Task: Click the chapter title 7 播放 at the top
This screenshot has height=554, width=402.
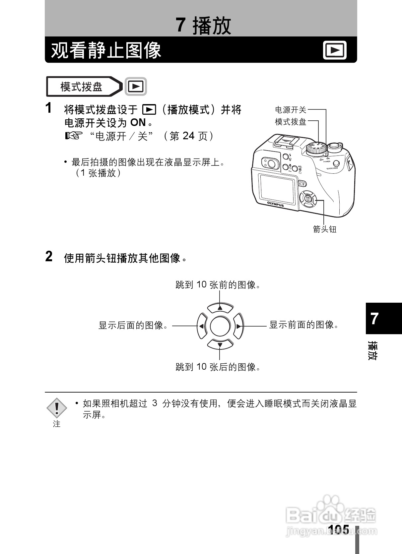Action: pyautogui.click(x=203, y=26)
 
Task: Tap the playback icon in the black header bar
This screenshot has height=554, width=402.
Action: pyautogui.click(x=335, y=50)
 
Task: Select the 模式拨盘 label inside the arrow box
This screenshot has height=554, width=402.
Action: pyautogui.click(x=81, y=87)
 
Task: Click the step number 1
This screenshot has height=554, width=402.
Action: pyautogui.click(x=49, y=108)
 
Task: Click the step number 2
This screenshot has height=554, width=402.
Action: pyautogui.click(x=49, y=257)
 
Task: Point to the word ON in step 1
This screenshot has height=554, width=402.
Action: pyautogui.click(x=138, y=123)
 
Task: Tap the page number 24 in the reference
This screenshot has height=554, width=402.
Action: pyautogui.click(x=188, y=136)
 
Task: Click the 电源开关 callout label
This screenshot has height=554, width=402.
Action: pyautogui.click(x=291, y=110)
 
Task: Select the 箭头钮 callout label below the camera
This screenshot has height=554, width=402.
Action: pyautogui.click(x=325, y=229)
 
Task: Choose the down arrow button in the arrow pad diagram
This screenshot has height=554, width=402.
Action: pyautogui.click(x=220, y=344)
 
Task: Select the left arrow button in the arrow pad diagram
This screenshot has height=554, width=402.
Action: pyautogui.click(x=202, y=326)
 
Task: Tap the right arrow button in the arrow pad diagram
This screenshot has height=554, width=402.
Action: pyautogui.click(x=238, y=326)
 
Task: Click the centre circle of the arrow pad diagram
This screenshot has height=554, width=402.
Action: pyautogui.click(x=220, y=326)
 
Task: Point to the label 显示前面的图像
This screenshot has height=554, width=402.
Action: pyautogui.click(x=303, y=325)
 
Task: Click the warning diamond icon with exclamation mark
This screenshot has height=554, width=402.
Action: pyautogui.click(x=57, y=408)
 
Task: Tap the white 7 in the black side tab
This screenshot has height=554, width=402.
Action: pyautogui.click(x=375, y=319)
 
